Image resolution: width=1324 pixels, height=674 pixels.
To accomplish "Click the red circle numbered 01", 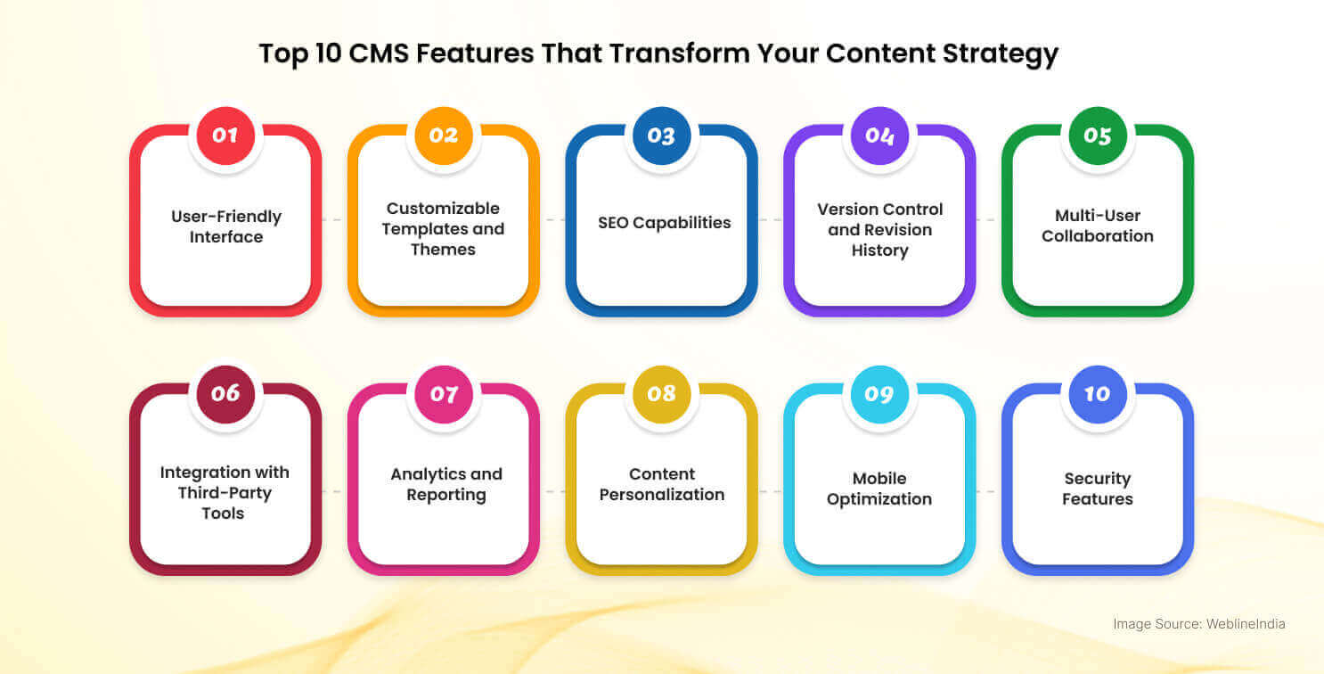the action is click(225, 136).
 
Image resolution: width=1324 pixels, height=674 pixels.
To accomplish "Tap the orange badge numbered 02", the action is click(444, 136).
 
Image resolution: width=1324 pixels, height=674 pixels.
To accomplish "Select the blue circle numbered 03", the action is click(661, 136).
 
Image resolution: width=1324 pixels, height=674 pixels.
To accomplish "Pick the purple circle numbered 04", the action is click(879, 136).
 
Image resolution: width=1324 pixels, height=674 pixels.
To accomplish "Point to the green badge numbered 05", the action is click(1098, 136).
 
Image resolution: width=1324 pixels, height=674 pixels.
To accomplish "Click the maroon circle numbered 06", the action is click(225, 394).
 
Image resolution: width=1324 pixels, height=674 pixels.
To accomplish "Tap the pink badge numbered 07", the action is click(444, 394).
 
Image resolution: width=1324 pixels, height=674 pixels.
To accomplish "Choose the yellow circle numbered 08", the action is click(661, 394).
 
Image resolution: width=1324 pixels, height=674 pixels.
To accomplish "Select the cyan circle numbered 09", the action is click(879, 394).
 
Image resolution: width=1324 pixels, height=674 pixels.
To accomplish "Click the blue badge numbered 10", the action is click(1098, 394).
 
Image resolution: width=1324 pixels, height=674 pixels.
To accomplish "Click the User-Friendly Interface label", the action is click(226, 226).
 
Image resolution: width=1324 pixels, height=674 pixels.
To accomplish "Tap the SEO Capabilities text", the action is click(665, 223).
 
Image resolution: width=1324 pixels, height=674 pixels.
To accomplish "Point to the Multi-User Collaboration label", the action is click(1098, 226).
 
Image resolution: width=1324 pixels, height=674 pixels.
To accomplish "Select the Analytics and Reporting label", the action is click(446, 484).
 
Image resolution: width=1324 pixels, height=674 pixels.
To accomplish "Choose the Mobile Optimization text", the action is click(879, 489).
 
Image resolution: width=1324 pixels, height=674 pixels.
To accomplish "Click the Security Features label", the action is click(1098, 489).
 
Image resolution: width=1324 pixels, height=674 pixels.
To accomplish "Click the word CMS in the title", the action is click(379, 53).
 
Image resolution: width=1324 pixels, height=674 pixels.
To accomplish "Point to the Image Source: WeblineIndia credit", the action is click(1199, 624).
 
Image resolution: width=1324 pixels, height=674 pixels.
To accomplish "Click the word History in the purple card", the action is click(879, 251).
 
